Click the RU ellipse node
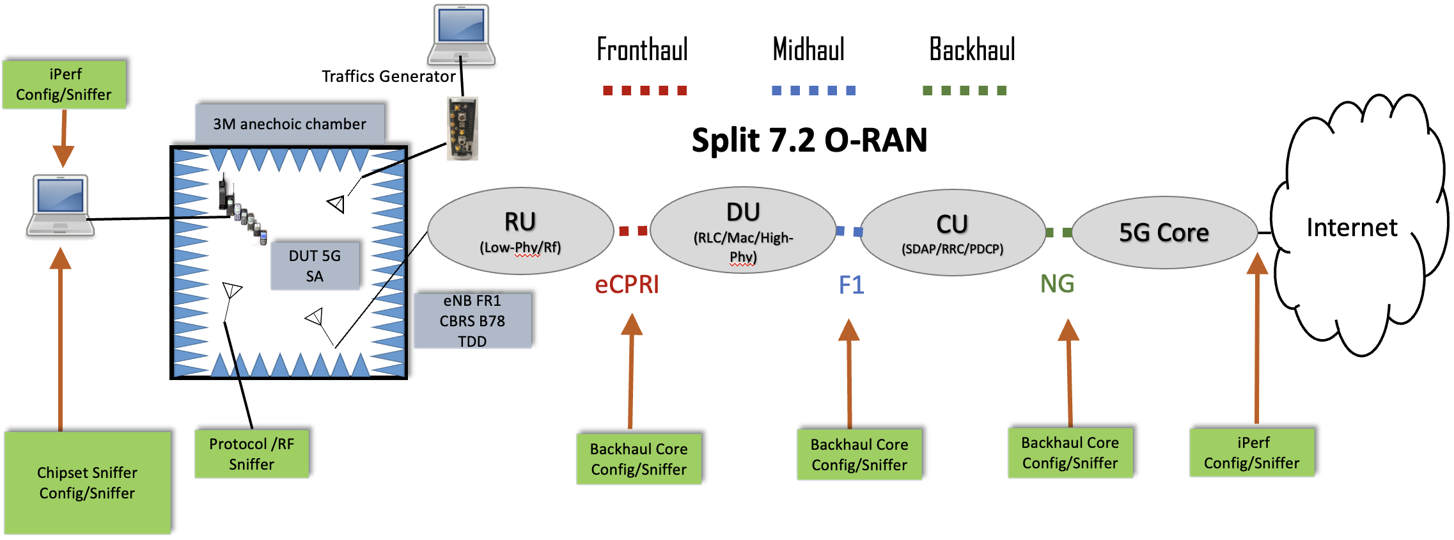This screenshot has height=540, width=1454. tap(520, 231)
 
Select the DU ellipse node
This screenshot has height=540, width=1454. tap(743, 230)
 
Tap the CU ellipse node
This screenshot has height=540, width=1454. tap(952, 232)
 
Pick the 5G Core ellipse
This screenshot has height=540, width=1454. tap(1164, 233)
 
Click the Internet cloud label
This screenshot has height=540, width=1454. tap(1352, 228)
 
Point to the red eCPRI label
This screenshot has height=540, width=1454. tap(627, 285)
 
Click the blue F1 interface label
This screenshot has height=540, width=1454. tap(851, 285)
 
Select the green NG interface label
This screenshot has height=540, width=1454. tap(1057, 283)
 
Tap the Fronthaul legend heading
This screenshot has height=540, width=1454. tap(642, 50)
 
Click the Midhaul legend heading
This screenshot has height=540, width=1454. tap(808, 50)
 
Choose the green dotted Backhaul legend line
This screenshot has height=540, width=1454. tap(964, 91)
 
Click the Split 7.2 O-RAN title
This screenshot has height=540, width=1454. tap(809, 140)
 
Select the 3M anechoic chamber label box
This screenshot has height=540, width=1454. tap(290, 123)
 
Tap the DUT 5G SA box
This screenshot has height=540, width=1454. tap(315, 266)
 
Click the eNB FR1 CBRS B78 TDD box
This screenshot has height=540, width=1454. tap(473, 321)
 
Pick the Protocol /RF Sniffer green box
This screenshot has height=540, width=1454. tap(252, 454)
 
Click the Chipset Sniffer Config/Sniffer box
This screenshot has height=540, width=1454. tap(88, 482)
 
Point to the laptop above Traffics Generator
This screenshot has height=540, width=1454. tap(461, 35)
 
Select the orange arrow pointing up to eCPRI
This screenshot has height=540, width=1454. tap(631, 371)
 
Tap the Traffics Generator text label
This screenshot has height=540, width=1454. tap(388, 77)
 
